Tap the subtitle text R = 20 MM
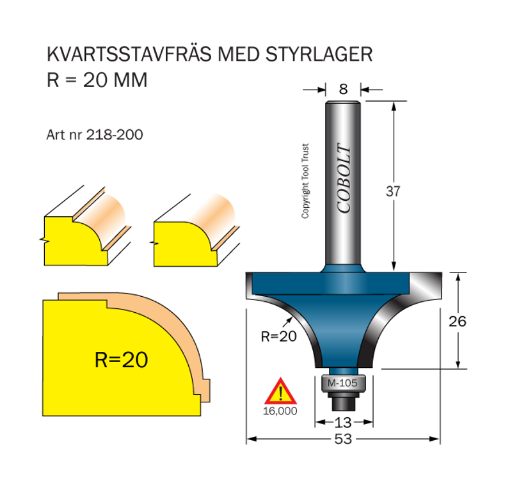[97, 80]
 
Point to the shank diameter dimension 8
[343, 90]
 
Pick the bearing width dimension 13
[343, 422]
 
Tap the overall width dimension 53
[343, 439]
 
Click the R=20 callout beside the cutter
[279, 336]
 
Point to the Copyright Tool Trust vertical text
[306, 181]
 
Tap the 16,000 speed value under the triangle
[280, 411]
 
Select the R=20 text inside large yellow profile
[121, 360]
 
